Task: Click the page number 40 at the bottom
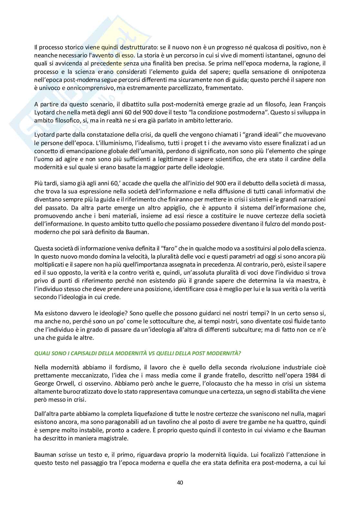coord(180,483)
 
